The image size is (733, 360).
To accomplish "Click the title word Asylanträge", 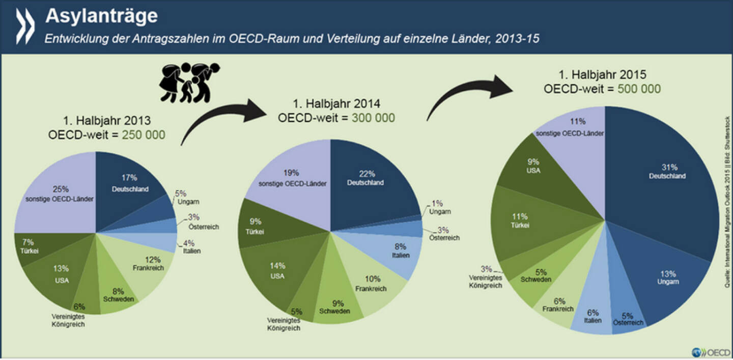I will [101, 16].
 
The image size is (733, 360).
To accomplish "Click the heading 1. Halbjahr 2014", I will [336, 104].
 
